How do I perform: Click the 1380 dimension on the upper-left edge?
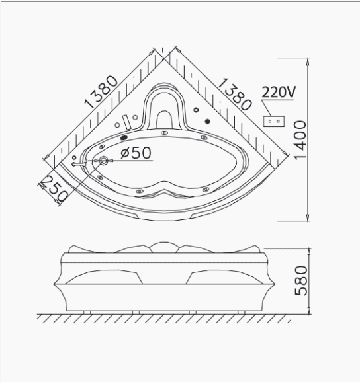(101, 92)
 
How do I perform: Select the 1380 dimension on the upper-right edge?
(234, 94)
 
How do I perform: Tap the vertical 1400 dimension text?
(300, 140)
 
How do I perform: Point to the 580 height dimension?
(301, 281)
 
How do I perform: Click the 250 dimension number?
(54, 189)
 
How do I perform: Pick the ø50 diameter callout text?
(136, 153)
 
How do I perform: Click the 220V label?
(279, 92)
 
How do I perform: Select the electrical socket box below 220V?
(274, 121)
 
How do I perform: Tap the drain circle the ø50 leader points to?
(104, 161)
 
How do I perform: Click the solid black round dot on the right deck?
(208, 121)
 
